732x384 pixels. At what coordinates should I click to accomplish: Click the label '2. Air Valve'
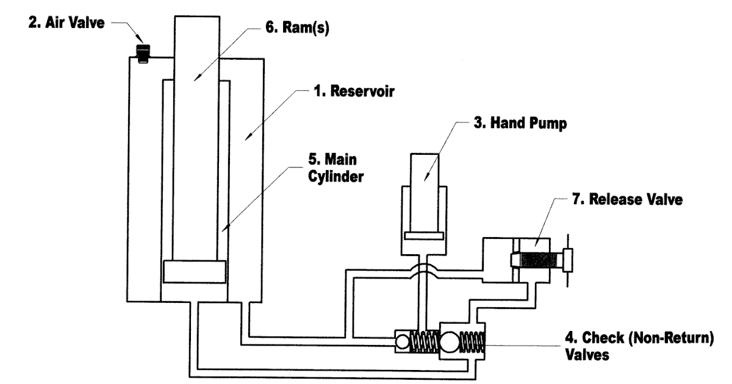pos(66,23)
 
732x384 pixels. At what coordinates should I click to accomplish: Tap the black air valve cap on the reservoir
pos(143,54)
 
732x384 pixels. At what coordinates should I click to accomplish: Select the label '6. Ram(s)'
pos(298,27)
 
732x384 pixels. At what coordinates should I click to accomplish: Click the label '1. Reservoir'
pos(354,91)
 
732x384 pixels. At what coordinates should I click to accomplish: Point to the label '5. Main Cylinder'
pos(336,168)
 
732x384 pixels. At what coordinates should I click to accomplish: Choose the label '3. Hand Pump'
pos(520,123)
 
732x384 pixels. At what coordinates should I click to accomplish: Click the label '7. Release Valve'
pos(628,199)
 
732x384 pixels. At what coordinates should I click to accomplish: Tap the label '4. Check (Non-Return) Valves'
pos(639,346)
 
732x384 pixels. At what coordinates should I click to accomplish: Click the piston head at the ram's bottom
pos(195,272)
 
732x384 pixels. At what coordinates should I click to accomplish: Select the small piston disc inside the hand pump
pos(424,236)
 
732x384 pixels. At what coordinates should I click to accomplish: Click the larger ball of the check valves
pos(450,341)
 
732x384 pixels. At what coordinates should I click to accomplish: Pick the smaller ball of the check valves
pos(402,342)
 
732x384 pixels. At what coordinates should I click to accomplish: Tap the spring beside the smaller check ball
pos(424,341)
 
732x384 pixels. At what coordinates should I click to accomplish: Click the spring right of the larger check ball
pos(472,341)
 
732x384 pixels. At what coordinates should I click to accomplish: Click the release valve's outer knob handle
pos(568,260)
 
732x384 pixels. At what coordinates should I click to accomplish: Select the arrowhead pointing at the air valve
pos(140,38)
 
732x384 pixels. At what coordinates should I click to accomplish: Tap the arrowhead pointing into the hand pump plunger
pos(426,176)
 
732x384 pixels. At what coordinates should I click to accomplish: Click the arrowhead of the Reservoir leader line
pos(248,137)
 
